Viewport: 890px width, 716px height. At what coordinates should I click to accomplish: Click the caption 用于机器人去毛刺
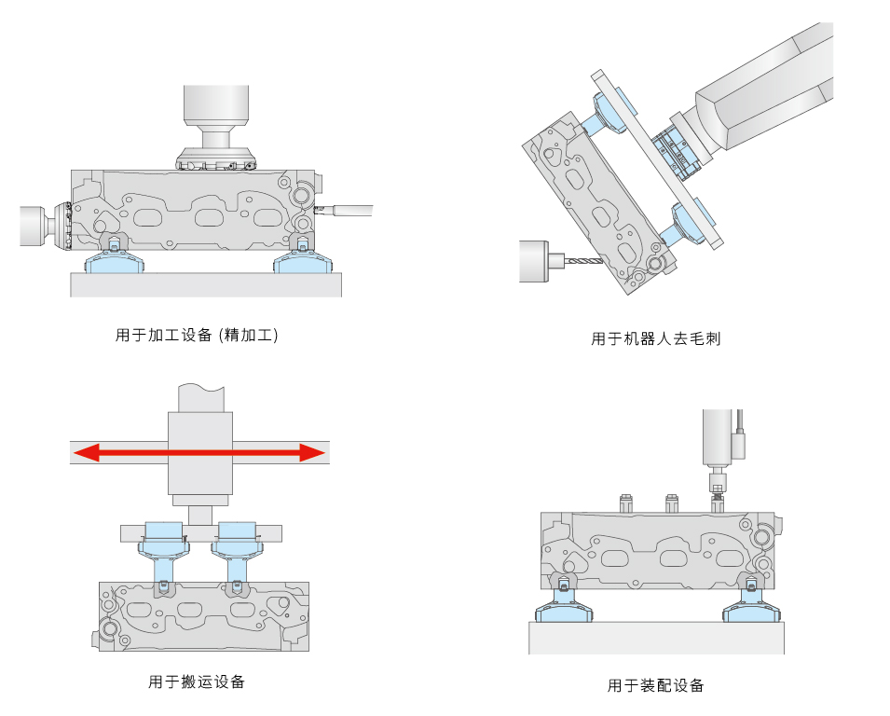tap(656, 338)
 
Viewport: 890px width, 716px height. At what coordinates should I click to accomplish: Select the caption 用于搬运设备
tap(197, 682)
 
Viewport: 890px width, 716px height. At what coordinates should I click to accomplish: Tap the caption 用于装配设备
tap(656, 685)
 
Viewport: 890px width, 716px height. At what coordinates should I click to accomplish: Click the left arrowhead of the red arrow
tap(87, 453)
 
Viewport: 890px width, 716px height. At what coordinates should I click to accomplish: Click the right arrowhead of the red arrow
tap(313, 453)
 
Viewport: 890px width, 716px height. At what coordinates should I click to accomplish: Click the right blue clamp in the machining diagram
tap(300, 263)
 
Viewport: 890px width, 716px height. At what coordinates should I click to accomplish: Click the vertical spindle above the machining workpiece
tap(216, 117)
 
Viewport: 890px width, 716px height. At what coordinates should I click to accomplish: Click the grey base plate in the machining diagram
tap(206, 284)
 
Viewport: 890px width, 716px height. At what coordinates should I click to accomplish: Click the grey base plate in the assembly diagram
tap(656, 638)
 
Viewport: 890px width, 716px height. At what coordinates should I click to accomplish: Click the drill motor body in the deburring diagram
tap(534, 261)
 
